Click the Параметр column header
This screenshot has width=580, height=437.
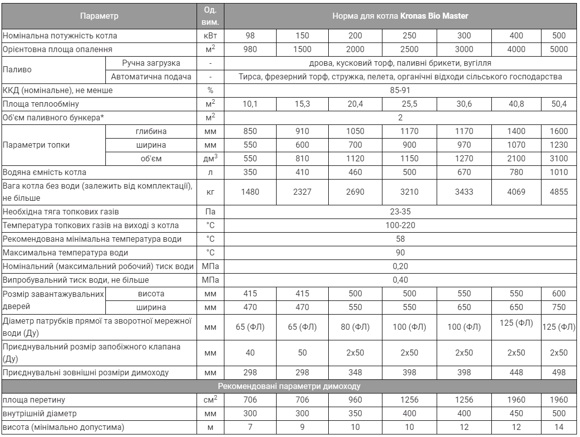pyautogui.click(x=99, y=16)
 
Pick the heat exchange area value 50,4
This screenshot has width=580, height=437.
pyautogui.click(x=559, y=104)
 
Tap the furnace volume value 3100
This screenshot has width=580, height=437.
pyautogui.click(x=559, y=159)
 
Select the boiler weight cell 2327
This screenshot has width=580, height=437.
pyautogui.click(x=302, y=192)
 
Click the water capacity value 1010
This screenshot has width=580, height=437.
pyautogui.click(x=559, y=172)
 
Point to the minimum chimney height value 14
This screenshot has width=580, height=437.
pyautogui.click(x=559, y=427)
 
